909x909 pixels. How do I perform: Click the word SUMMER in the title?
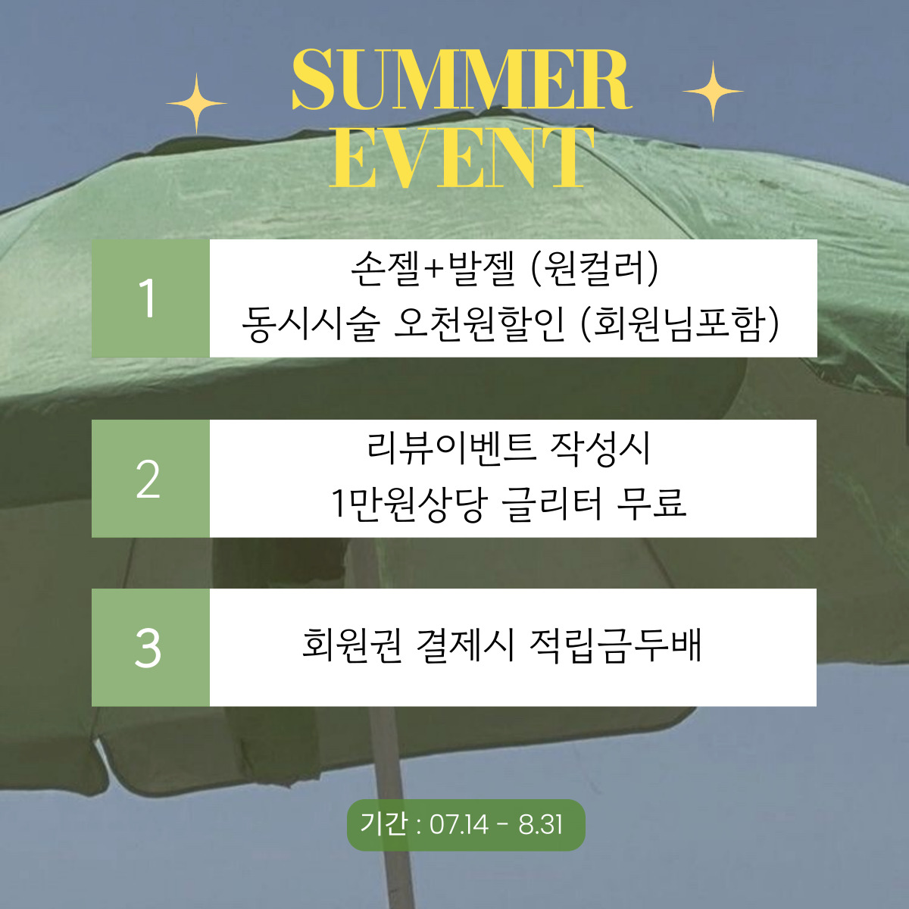coord(461,80)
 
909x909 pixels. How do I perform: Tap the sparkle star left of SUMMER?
coord(196,103)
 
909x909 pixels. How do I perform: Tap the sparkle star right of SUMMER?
coord(712,92)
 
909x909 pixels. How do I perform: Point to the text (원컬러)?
coord(594,269)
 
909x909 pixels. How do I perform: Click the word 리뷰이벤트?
coord(451,448)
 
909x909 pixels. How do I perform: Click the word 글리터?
coord(551,503)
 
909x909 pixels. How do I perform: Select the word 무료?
coord(651,503)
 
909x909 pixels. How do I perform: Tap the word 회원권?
coord(351,646)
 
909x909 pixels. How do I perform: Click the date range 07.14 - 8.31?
coord(496,824)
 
